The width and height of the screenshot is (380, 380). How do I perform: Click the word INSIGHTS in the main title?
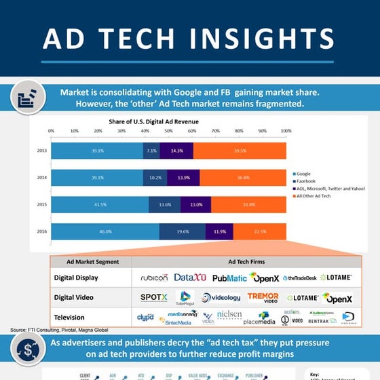pyautogui.click(x=263, y=39)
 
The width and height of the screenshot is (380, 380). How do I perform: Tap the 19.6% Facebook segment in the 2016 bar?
pyautogui.click(x=183, y=231)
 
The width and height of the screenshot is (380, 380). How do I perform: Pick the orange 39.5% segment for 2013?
pyautogui.click(x=240, y=151)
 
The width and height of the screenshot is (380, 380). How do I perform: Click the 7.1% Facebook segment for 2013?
pyautogui.click(x=151, y=151)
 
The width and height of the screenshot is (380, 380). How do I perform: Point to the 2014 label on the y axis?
pyautogui.click(x=41, y=178)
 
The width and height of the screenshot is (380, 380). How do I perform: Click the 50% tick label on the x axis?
pyautogui.click(x=168, y=130)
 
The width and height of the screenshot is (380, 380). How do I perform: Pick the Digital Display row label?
pyautogui.click(x=76, y=278)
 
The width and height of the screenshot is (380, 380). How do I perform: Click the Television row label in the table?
pyautogui.click(x=69, y=317)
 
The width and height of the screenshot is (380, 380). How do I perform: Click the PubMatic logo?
pyautogui.click(x=229, y=278)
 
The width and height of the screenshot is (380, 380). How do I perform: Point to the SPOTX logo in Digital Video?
pyautogui.click(x=153, y=297)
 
